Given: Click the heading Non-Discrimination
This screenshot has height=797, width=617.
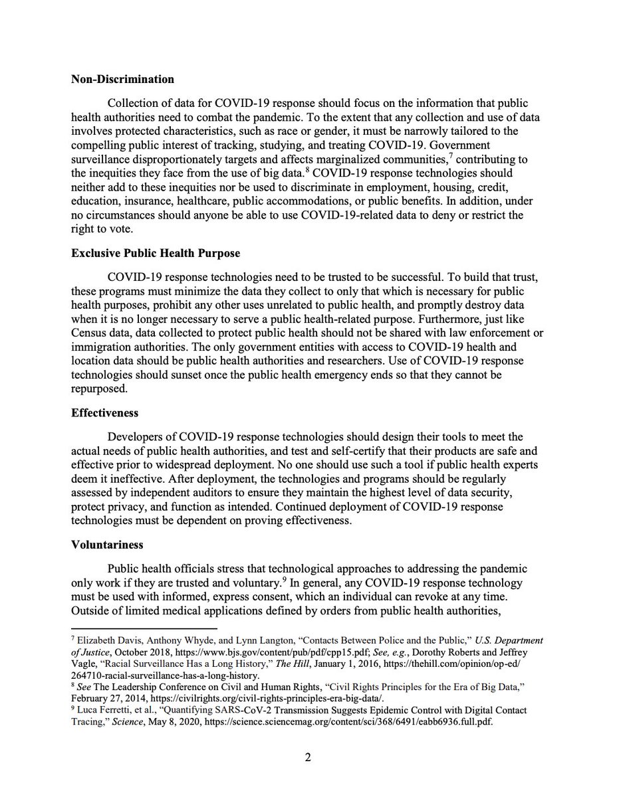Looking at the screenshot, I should coord(122,80).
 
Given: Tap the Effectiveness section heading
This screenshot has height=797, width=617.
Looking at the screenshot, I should coord(104,412).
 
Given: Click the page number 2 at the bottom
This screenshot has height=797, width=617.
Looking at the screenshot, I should coord(308,757).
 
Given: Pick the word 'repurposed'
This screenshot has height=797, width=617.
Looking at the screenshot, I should coord(98,388).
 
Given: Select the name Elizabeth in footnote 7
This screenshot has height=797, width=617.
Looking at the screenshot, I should coord(96,641).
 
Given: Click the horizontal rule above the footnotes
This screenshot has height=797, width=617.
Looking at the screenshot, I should coord(144,628).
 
